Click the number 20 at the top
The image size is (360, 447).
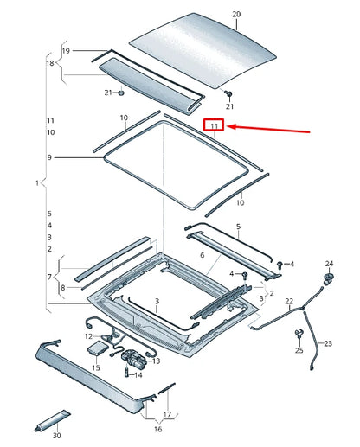pyautogui.click(x=237, y=15)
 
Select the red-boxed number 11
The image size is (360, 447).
pyautogui.click(x=213, y=126)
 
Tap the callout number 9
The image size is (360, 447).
pyautogui.click(x=49, y=157)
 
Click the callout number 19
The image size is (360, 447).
pyautogui.click(x=66, y=51)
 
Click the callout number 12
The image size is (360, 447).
pyautogui.click(x=88, y=335)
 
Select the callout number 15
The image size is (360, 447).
pyautogui.click(x=94, y=368)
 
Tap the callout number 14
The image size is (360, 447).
pyautogui.click(x=139, y=375)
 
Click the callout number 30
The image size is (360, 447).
pyautogui.click(x=56, y=436)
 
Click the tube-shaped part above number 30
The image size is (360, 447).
pyautogui.click(x=56, y=419)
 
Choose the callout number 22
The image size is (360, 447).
pyautogui.click(x=290, y=301)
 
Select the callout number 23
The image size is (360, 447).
pyautogui.click(x=327, y=343)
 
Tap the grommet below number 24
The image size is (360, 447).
pyautogui.click(x=328, y=277)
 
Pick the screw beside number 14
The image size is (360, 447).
pyautogui.click(x=129, y=374)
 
